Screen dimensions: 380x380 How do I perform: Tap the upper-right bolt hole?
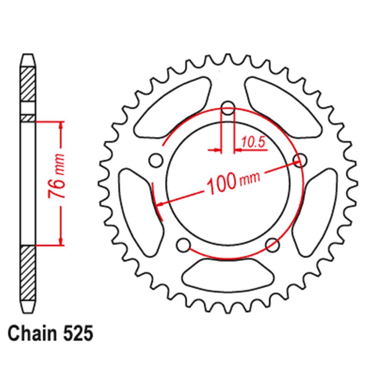[301, 160]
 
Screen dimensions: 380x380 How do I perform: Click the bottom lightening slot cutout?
[228, 277]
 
